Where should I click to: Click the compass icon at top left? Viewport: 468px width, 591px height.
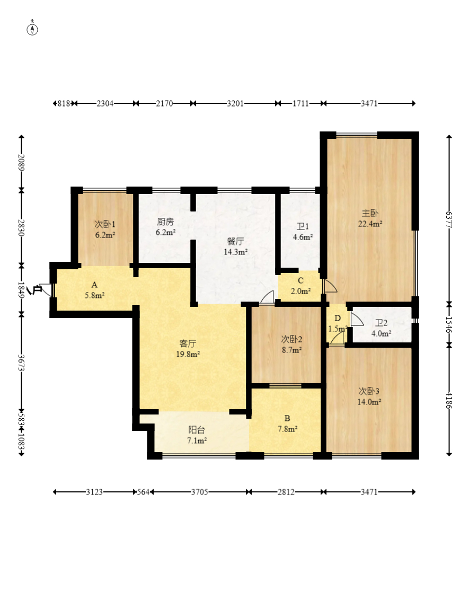(32, 29)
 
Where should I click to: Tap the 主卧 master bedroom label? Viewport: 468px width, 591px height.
(370, 213)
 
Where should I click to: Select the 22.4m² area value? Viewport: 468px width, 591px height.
(370, 224)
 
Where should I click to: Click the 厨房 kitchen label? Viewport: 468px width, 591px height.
(165, 222)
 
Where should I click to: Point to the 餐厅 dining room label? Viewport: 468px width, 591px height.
(235, 241)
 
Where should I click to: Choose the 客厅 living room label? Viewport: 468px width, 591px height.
(188, 343)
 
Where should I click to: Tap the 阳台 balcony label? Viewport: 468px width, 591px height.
(197, 430)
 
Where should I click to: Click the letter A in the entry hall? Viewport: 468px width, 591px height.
(94, 285)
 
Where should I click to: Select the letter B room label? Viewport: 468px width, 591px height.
(287, 418)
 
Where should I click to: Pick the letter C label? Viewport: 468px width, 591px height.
(301, 280)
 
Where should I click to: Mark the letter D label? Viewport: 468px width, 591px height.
(338, 318)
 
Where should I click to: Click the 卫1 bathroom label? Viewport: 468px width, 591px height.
(303, 226)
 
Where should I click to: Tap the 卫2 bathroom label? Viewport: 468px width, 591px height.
(381, 323)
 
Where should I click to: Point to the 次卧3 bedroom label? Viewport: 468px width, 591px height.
(369, 391)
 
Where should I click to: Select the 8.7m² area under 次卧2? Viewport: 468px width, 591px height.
(292, 350)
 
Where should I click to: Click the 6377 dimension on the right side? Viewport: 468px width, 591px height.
(449, 220)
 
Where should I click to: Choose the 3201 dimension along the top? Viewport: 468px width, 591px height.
(235, 103)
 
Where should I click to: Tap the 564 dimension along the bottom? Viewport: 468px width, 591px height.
(143, 492)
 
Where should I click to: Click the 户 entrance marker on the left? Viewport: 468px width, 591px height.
(37, 290)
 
